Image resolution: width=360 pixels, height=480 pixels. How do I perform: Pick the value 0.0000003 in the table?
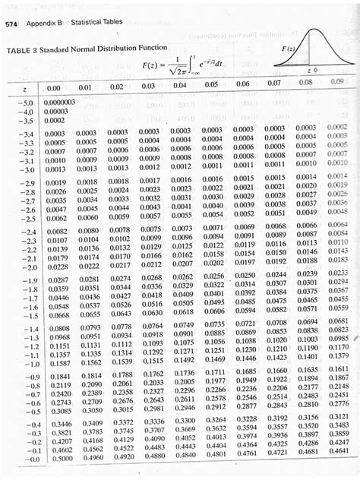62,102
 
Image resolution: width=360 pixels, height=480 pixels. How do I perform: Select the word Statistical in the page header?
90,24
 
